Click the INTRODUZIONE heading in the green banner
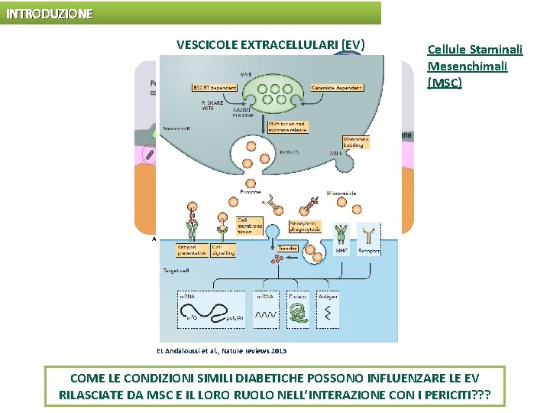[x=50, y=14]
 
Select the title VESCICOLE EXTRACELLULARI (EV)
[x=270, y=44]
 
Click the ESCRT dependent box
[x=215, y=88]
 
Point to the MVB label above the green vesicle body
[x=246, y=74]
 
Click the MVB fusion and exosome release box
[x=290, y=127]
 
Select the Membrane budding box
[x=356, y=141]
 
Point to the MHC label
[x=341, y=251]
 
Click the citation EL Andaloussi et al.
[x=222, y=350]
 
